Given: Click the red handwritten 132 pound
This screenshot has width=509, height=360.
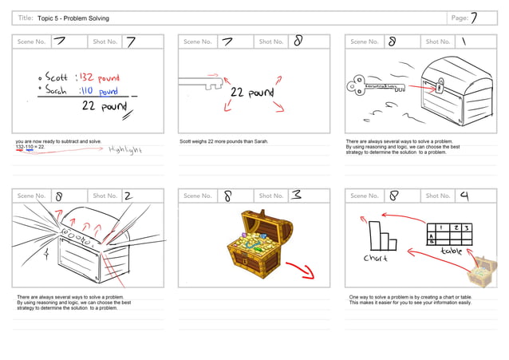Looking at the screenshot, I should coord(98,77).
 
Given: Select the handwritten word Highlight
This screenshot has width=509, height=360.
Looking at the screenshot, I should coord(124,149).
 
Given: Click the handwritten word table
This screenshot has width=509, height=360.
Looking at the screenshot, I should coord(451,251).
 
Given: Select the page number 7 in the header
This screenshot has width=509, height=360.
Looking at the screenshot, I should coord(474,18).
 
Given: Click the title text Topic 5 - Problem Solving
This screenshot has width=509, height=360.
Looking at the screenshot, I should coord(73,18).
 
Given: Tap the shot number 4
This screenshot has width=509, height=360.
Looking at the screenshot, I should coord(464,196).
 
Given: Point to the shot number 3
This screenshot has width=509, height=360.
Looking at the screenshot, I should coord(296,196).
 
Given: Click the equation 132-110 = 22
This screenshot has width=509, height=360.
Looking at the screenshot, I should coord(30,147).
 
